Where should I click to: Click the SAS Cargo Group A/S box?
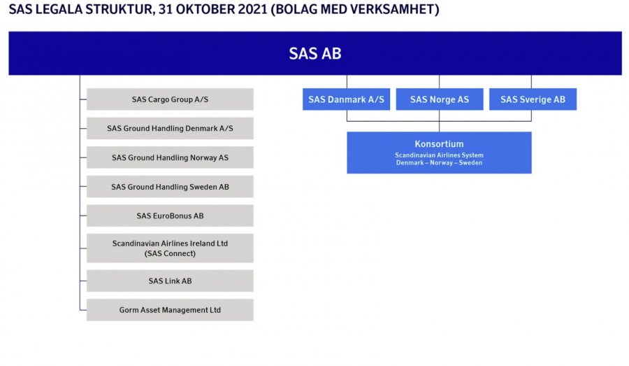(170, 99)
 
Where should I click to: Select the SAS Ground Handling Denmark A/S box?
(170, 128)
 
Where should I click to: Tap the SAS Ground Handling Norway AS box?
(170, 157)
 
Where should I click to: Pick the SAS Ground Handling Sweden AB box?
(170, 186)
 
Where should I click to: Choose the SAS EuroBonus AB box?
(170, 216)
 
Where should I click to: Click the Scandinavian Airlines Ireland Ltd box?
(170, 248)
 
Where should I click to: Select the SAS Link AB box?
(170, 281)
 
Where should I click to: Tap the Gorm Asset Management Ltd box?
(170, 310)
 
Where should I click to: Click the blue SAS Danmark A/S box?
(346, 99)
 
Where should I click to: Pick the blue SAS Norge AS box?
(440, 99)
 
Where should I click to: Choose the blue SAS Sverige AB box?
(533, 99)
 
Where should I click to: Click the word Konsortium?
(440, 144)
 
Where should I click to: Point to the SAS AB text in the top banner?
(315, 53)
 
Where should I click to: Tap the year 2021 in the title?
(252, 9)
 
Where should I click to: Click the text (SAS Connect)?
(170, 253)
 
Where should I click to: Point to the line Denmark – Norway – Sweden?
(440, 163)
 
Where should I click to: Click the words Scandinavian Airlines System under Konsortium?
(440, 155)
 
